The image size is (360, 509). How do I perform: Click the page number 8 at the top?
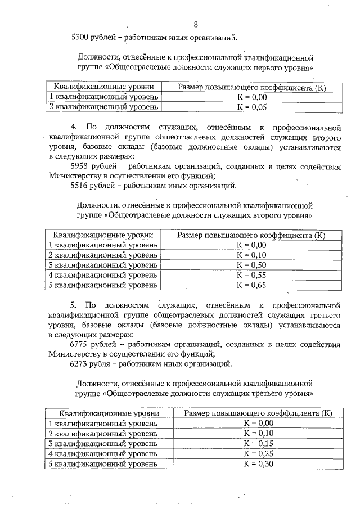pyautogui.click(x=196, y=24)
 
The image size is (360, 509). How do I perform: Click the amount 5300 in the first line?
pyautogui.click(x=82, y=38)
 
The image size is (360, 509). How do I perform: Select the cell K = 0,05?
pyautogui.click(x=251, y=107)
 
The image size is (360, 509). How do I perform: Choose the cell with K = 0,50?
pyautogui.click(x=251, y=265)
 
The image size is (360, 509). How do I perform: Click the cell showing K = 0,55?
pyautogui.click(x=251, y=275)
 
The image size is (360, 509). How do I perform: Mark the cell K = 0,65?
pyautogui.click(x=251, y=285)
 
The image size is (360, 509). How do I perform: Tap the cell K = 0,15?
pyautogui.click(x=258, y=443)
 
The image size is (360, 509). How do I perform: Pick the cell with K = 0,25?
pyautogui.click(x=258, y=453)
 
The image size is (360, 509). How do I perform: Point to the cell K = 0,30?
pyautogui.click(x=258, y=463)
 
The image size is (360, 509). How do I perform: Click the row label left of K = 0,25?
pyautogui.click(x=103, y=453)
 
